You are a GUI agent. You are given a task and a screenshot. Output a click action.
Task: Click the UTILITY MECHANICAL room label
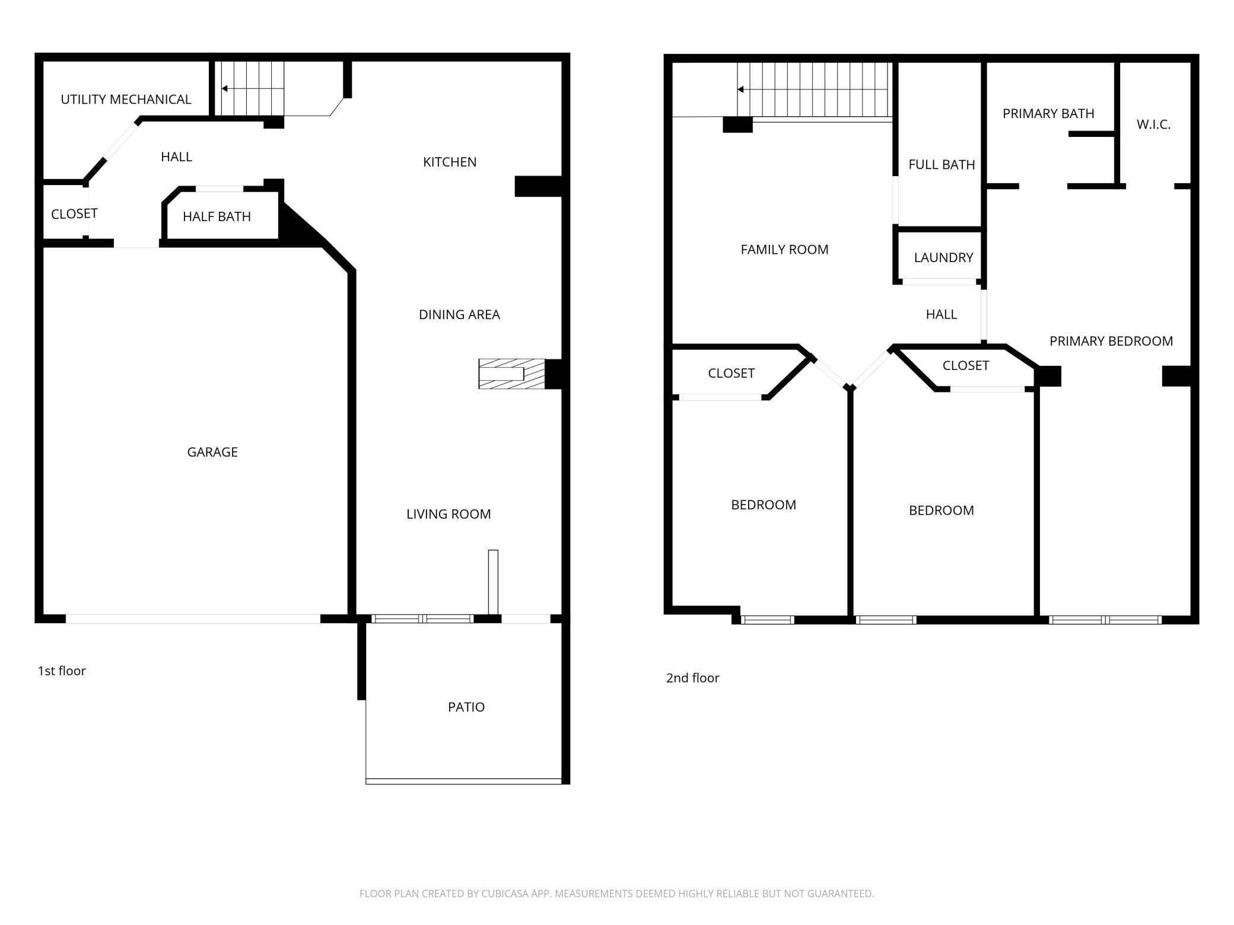(x=126, y=100)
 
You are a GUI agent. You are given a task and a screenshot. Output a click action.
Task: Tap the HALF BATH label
(x=217, y=217)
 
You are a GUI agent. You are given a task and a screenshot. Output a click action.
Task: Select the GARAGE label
(x=212, y=452)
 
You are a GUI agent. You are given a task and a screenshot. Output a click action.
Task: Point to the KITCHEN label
(x=450, y=162)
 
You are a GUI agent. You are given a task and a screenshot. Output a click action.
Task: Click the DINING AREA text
(x=459, y=315)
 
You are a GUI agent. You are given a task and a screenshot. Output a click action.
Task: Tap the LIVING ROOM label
(x=449, y=515)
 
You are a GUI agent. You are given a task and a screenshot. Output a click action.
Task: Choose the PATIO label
(x=466, y=707)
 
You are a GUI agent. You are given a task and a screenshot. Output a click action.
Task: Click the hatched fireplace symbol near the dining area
(x=511, y=374)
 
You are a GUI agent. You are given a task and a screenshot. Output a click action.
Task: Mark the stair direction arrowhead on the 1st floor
(x=225, y=89)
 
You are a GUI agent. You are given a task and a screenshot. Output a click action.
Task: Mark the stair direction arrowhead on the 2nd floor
(x=740, y=90)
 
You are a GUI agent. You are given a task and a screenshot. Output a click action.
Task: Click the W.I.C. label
(x=1153, y=125)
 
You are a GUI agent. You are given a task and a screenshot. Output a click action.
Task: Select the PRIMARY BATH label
(x=1048, y=114)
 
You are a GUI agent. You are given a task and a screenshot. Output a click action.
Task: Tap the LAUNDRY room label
(x=943, y=258)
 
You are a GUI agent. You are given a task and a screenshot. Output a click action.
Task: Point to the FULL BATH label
(x=942, y=165)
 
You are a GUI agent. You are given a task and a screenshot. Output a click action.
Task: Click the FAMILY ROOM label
(x=784, y=250)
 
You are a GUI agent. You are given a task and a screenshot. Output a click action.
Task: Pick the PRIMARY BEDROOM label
(x=1111, y=342)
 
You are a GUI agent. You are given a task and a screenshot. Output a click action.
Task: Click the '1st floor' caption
(x=62, y=671)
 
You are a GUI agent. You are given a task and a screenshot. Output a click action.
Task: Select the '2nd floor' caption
(x=692, y=678)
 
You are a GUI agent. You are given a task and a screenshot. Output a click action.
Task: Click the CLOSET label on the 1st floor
(x=74, y=214)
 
